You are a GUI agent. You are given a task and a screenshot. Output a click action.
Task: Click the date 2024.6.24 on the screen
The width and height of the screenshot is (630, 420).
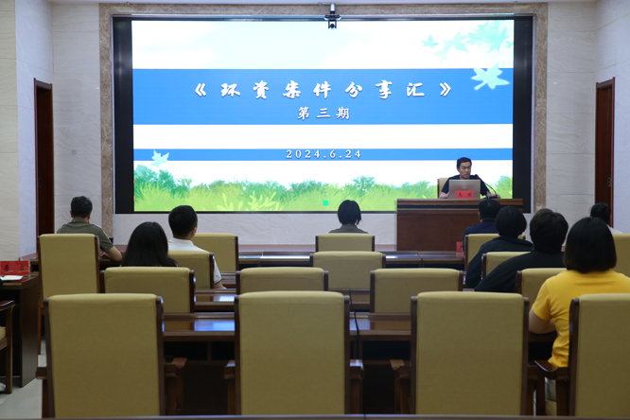[324, 154]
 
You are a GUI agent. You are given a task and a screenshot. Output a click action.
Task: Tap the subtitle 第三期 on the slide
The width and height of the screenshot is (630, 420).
[324, 114]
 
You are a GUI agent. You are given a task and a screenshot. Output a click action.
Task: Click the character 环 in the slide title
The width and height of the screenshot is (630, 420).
[231, 90]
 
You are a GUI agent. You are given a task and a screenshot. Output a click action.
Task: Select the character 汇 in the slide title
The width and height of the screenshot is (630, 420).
[415, 90]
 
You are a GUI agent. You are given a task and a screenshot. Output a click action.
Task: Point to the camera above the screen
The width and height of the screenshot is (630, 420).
[332, 17]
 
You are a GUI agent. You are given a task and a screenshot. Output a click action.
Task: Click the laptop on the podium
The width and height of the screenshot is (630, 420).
[464, 189]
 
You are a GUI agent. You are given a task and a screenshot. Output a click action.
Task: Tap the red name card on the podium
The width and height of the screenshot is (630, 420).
[464, 194]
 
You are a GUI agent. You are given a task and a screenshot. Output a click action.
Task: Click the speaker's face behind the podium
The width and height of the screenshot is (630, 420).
[464, 168]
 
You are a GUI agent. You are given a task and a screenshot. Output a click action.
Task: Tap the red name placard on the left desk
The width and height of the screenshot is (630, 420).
[14, 268]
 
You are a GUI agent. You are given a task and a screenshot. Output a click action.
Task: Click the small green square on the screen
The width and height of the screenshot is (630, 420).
[325, 203]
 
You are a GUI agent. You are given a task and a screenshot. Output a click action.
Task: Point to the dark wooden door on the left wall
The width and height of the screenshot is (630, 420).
[44, 161]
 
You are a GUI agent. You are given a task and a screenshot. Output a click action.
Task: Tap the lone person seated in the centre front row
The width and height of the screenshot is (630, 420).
[348, 217]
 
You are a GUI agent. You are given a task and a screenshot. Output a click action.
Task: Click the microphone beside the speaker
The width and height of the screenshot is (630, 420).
[486, 185]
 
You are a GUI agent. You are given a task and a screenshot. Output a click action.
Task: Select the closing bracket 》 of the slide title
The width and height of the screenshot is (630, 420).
[445, 90]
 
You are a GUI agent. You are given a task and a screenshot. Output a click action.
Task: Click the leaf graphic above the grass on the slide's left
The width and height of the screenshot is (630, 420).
[160, 159]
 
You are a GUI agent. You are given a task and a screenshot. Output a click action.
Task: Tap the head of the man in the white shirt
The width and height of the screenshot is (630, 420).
[183, 221]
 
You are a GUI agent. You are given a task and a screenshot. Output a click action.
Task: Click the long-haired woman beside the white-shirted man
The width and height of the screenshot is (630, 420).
[149, 245]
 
